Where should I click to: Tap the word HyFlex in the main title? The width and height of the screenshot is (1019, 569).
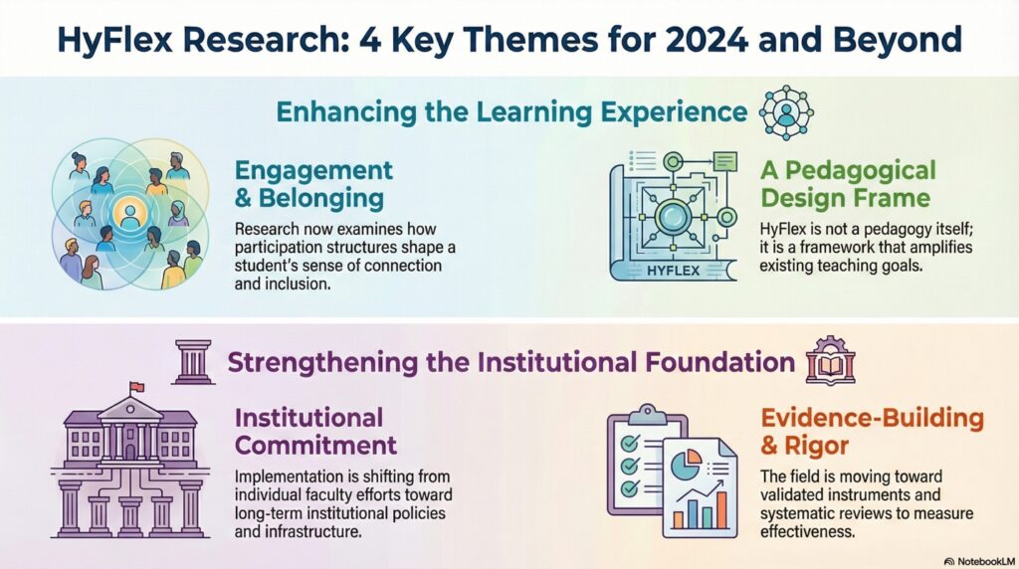(114, 39)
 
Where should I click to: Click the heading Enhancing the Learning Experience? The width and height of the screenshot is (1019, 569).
(511, 111)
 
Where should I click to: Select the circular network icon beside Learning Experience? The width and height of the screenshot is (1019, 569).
(786, 112)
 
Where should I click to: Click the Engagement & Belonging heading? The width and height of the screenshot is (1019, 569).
(313, 184)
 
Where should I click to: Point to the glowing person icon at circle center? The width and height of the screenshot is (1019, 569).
(130, 214)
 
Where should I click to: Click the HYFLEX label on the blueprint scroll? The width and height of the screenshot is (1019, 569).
(674, 271)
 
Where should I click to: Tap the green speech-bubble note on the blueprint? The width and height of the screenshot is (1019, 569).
(724, 161)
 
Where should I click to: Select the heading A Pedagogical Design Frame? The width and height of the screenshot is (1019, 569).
(848, 184)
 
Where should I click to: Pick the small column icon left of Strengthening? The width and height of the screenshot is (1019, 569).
(194, 362)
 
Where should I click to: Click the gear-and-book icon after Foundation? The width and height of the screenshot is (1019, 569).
(830, 361)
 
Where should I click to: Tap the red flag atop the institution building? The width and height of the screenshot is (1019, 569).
(136, 387)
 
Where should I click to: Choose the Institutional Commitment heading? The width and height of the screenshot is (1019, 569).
(315, 432)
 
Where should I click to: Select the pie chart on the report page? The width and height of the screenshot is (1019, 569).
(686, 466)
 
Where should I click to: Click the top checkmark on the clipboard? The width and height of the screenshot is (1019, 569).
(630, 444)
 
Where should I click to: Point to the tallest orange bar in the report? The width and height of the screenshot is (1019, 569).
(721, 509)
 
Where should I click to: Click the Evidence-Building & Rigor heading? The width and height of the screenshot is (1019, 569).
(872, 432)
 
